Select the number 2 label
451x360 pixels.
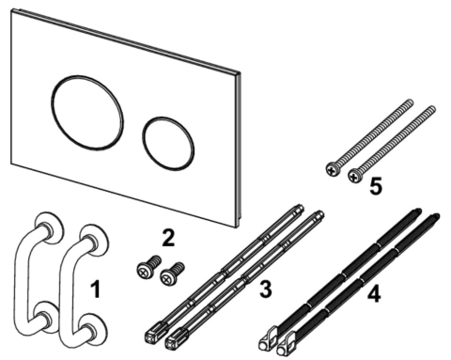[167, 238]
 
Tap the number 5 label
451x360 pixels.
[375, 186]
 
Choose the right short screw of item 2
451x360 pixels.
[171, 274]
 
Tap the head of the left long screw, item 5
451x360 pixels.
[332, 169]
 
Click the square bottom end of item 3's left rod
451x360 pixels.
[152, 330]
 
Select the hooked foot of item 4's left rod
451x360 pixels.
[267, 334]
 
